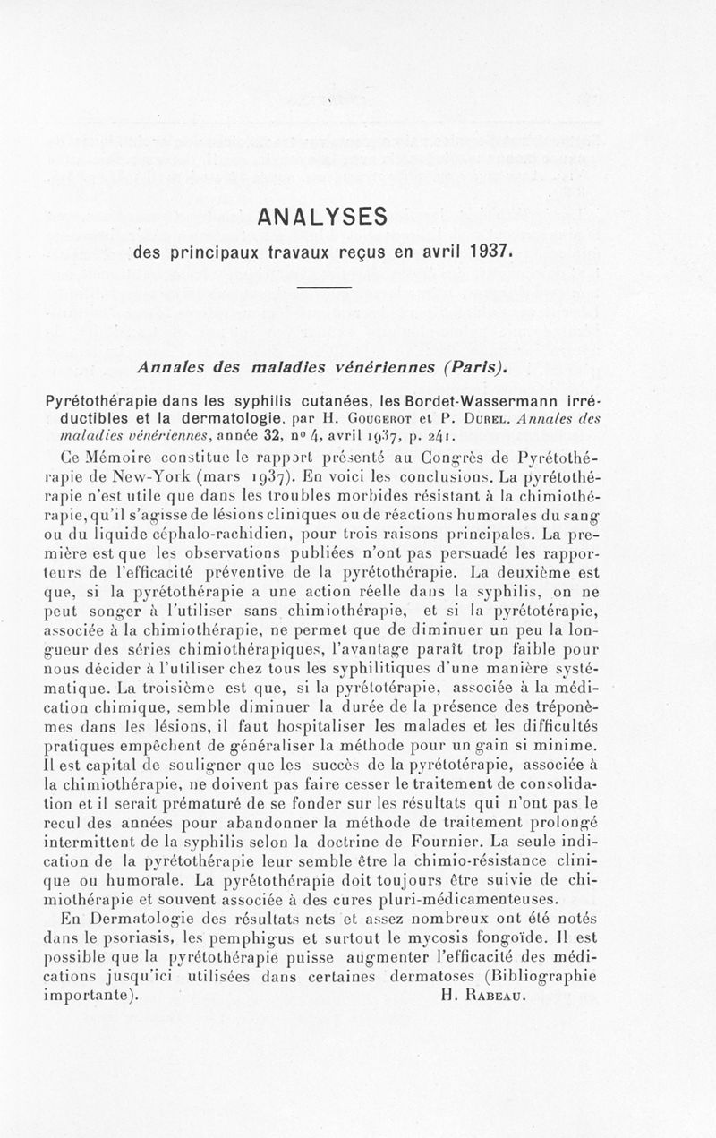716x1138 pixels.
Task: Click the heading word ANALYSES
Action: [320, 218]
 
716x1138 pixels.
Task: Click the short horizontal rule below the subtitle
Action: [321, 287]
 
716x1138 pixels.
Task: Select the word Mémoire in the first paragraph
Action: [118, 457]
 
